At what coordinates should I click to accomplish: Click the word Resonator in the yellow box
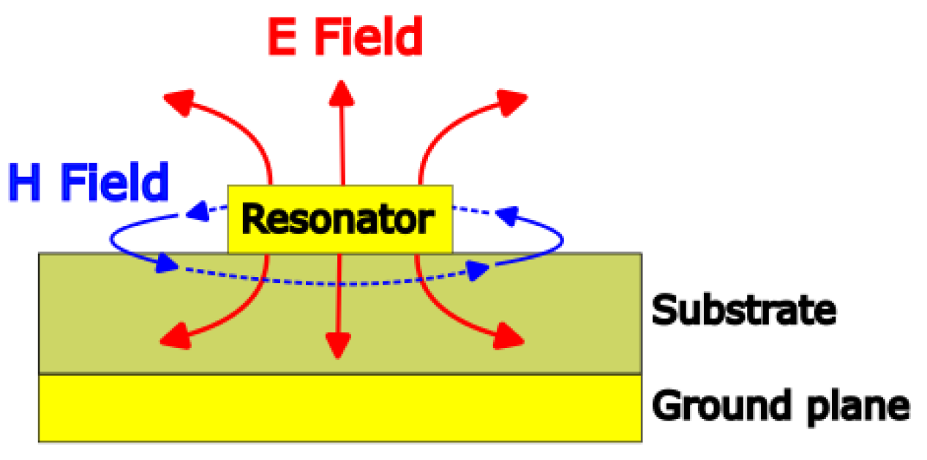[338, 219]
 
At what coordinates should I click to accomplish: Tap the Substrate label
[743, 310]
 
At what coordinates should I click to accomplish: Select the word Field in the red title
[369, 38]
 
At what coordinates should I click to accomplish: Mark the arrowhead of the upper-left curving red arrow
[179, 100]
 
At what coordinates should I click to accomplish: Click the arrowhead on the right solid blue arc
[507, 215]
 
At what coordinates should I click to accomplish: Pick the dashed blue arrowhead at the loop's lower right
[478, 270]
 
